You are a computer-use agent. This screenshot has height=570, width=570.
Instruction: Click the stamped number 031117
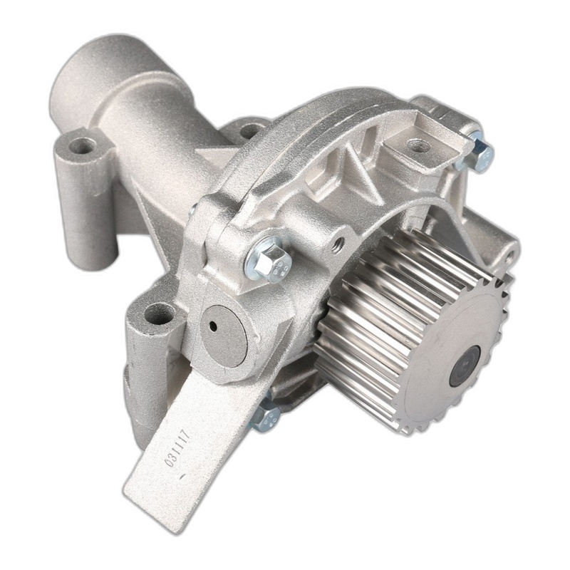tap(177, 448)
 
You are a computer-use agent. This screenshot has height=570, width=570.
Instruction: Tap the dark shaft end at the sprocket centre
tap(465, 366)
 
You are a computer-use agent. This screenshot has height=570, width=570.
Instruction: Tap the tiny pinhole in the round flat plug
tap(213, 326)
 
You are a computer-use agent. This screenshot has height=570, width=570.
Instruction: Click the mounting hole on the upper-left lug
tap(82, 146)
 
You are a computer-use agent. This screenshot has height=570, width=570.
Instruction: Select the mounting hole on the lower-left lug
tap(159, 315)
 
